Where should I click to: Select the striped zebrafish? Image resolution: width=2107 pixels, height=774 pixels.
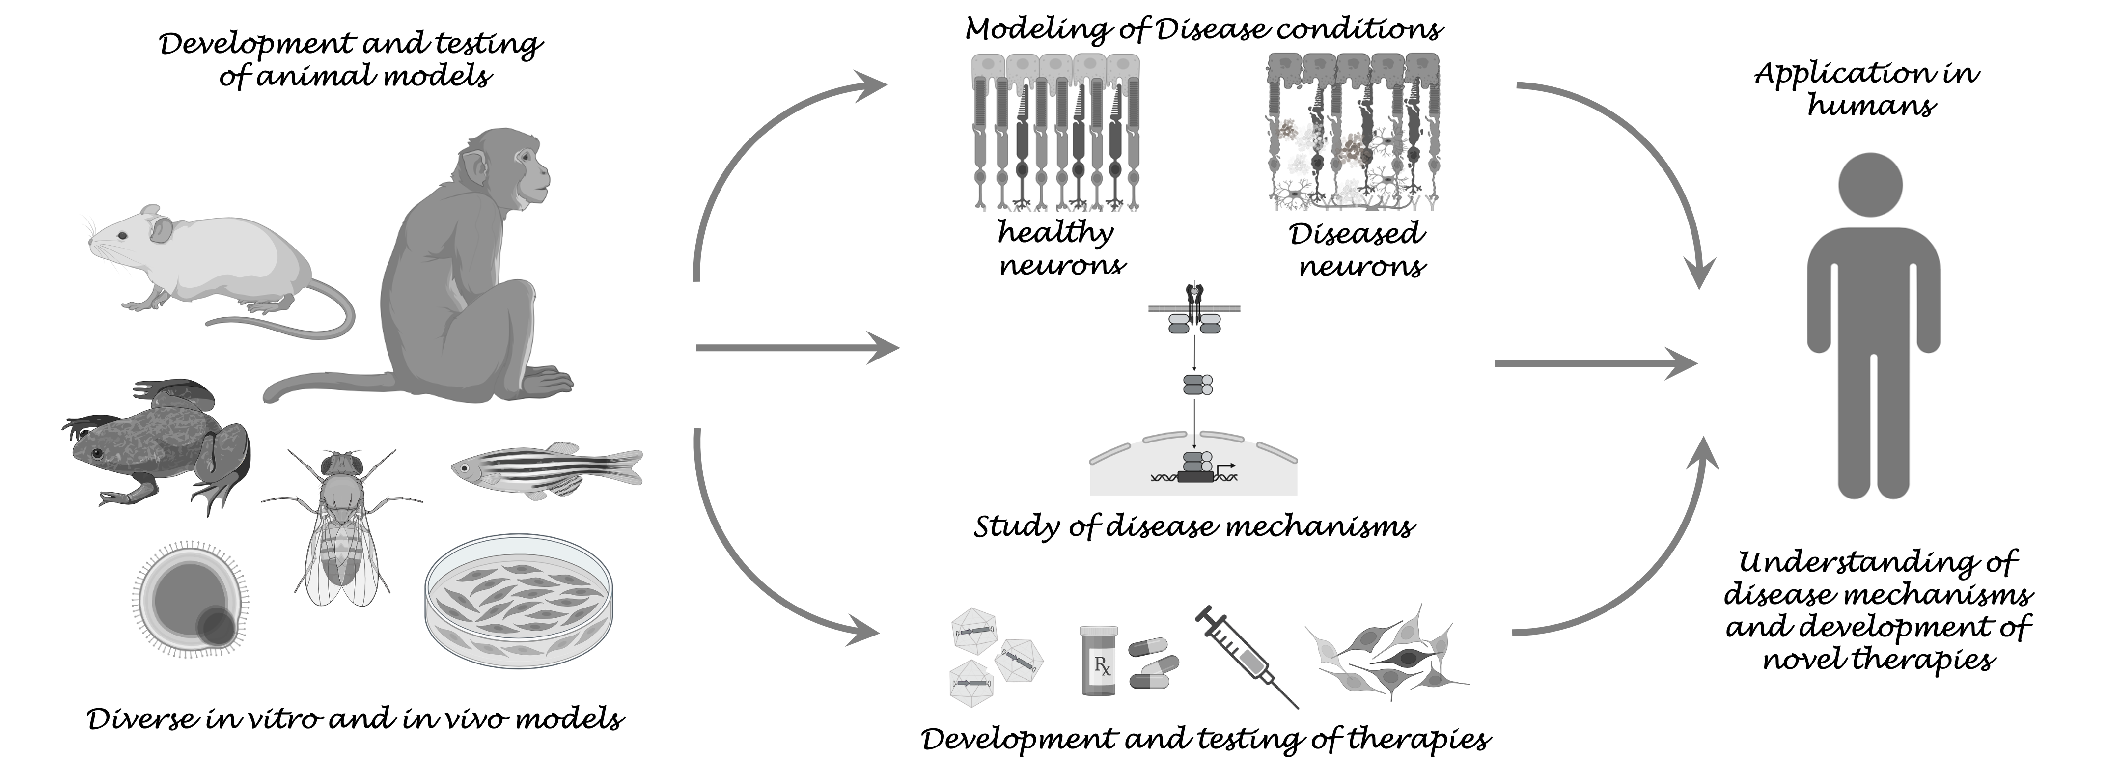click(546, 471)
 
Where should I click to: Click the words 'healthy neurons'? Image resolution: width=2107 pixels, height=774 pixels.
click(1060, 248)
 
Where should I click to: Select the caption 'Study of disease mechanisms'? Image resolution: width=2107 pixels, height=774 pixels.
click(1194, 525)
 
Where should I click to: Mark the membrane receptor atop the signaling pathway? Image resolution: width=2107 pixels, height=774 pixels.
click(1194, 307)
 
